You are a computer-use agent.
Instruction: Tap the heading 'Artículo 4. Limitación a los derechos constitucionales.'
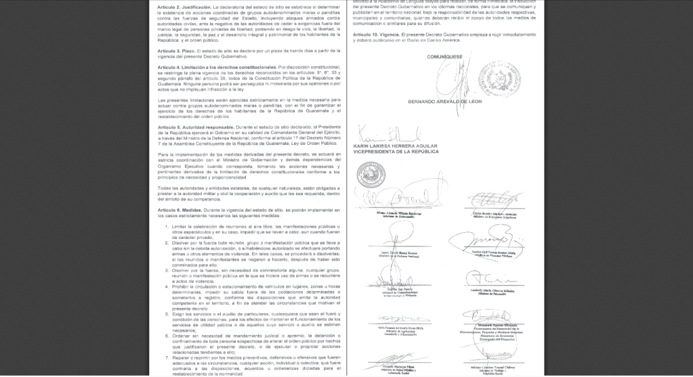tap(216, 68)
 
